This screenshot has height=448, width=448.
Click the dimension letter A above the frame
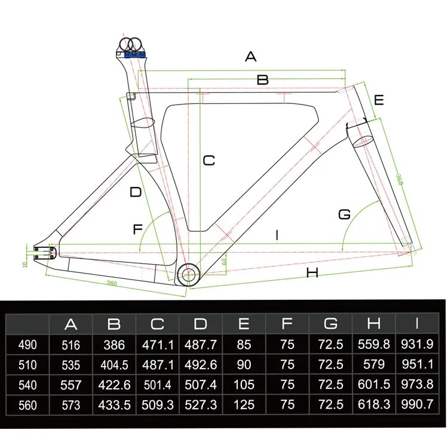[251, 57]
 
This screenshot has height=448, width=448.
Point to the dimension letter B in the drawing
[263, 79]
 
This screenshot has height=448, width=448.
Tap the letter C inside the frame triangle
[208, 161]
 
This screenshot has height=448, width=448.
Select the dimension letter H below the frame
[311, 274]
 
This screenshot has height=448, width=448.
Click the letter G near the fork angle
[344, 214]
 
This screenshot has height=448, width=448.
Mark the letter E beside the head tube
[378, 100]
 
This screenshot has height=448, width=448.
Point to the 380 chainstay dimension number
[113, 283]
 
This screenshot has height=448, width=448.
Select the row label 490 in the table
[27, 345]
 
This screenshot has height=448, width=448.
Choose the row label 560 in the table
[27, 405]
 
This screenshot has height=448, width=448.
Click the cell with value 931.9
[416, 345]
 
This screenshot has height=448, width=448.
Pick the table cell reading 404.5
[114, 365]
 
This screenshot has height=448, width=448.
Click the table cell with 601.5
[373, 385]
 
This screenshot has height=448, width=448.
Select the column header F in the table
[287, 324]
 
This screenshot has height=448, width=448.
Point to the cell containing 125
[244, 405]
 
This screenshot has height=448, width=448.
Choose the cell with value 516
[71, 345]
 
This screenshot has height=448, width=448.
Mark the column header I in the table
[416, 324]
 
